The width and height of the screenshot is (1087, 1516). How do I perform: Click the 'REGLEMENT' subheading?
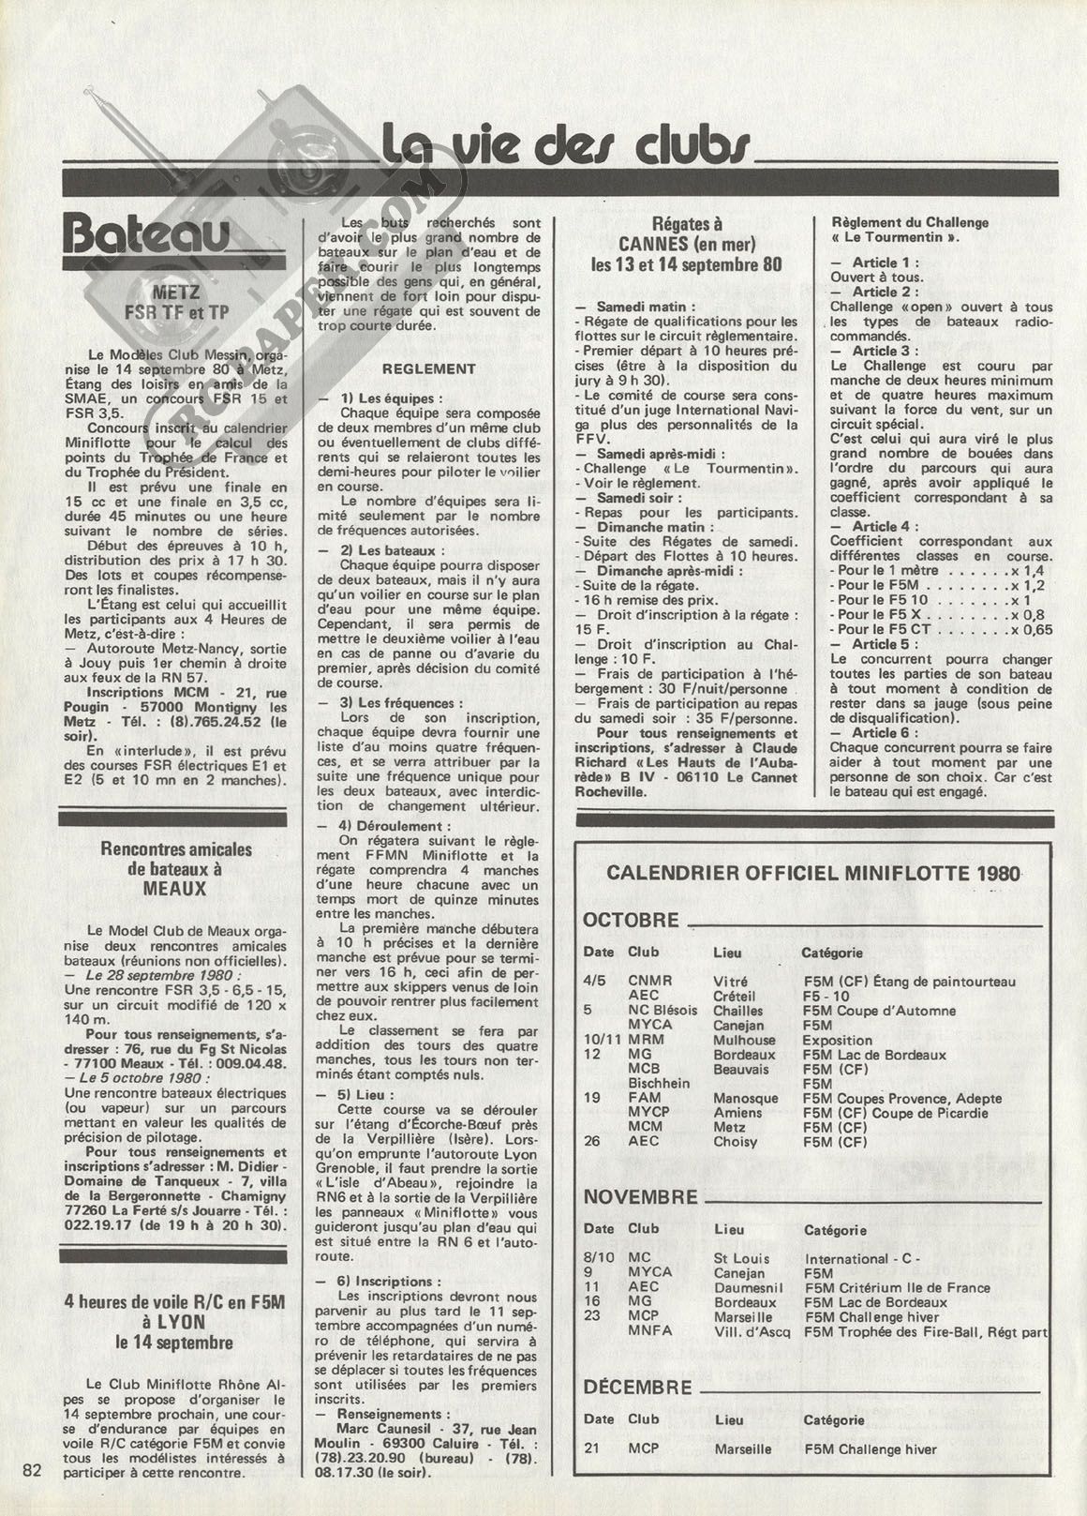point(428,368)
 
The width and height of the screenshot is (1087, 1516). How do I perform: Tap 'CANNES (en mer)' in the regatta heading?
point(687,244)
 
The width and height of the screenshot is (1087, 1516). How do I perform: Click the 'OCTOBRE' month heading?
point(631,920)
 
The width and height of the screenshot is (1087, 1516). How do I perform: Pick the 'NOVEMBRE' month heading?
point(641,1197)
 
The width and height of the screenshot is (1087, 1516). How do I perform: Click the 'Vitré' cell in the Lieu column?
point(731,982)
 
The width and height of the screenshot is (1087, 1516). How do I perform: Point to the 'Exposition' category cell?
point(838,1040)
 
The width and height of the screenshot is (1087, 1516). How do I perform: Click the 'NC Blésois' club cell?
point(663,1011)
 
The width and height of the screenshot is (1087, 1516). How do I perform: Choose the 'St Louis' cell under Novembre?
point(741,1258)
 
